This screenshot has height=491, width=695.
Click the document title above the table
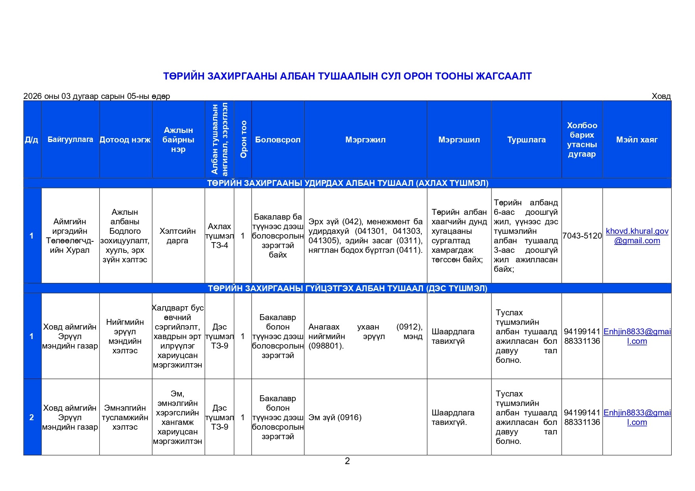(347, 76)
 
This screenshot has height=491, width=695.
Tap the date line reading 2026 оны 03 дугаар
(97, 96)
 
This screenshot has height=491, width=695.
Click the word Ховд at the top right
(661, 96)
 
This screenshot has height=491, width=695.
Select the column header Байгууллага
(70, 140)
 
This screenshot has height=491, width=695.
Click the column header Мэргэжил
(365, 140)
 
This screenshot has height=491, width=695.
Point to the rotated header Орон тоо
(243, 139)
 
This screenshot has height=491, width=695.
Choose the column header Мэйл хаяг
(636, 140)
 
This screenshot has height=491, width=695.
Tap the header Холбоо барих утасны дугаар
(582, 140)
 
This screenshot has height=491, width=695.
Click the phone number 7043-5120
(582, 236)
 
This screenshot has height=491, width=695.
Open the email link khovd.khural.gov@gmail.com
(637, 236)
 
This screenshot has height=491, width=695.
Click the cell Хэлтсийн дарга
(178, 236)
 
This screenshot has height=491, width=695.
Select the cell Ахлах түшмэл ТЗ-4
(219, 236)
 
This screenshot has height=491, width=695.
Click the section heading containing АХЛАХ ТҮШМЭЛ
(347, 183)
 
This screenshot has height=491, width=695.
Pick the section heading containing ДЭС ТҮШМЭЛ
(347, 288)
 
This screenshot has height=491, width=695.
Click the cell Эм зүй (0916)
(335, 417)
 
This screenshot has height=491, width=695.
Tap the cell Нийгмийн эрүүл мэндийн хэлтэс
(125, 336)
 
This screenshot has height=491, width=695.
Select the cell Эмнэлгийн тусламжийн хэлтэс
(125, 417)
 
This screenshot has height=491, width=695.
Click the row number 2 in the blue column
(32, 417)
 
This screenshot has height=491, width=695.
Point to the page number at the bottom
(347, 461)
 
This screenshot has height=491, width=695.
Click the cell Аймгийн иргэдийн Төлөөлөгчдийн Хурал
(70, 236)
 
